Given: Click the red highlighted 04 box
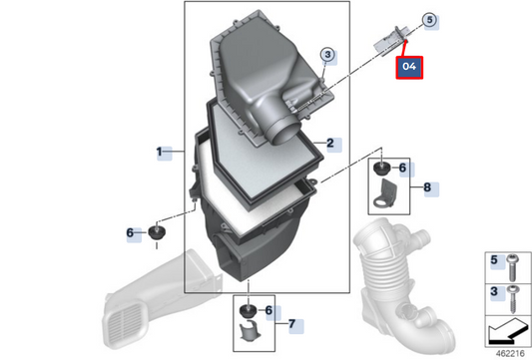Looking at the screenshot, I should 408,67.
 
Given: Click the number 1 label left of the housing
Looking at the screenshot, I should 159,152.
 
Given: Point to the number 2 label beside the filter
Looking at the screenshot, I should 329,144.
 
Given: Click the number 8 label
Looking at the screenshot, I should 426,186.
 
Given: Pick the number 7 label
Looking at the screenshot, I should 290,324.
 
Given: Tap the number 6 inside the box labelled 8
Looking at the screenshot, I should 402,169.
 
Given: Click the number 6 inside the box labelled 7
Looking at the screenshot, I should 267,311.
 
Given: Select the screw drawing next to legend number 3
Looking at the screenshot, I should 511,295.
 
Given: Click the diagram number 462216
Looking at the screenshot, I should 509,351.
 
